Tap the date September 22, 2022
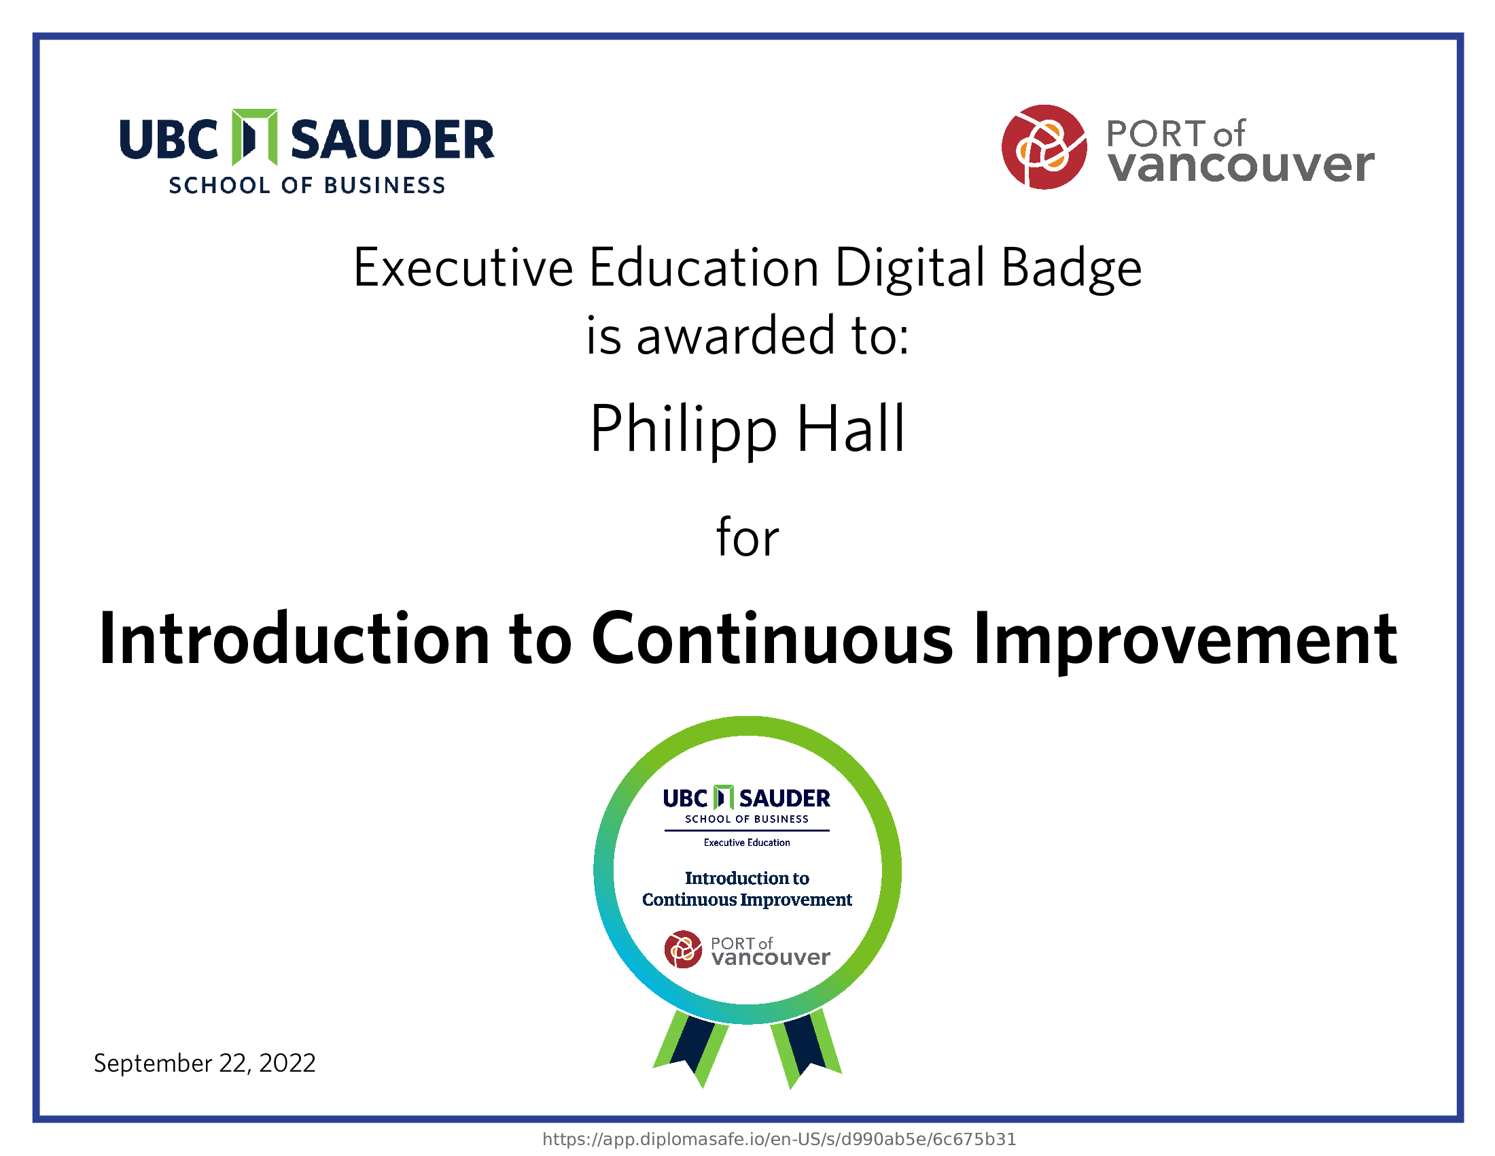click(205, 1064)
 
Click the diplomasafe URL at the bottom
click(779, 1139)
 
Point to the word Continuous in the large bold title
click(772, 639)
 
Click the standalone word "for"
click(747, 537)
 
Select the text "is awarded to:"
click(747, 335)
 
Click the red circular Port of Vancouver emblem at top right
click(1044, 147)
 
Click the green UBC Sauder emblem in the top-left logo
click(255, 137)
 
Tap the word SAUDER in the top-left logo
click(392, 139)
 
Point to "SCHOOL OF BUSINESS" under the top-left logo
click(307, 186)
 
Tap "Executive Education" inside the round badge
click(747, 843)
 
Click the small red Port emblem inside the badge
click(683, 949)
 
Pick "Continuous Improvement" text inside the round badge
click(747, 899)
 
